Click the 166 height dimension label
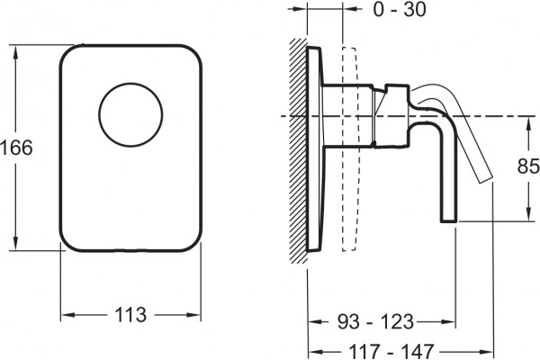(x=16, y=148)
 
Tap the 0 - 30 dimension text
(x=400, y=10)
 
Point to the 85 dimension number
(x=528, y=166)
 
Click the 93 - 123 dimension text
(x=375, y=322)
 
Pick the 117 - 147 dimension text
(x=391, y=351)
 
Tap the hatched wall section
(x=298, y=150)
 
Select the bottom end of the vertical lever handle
(x=449, y=221)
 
